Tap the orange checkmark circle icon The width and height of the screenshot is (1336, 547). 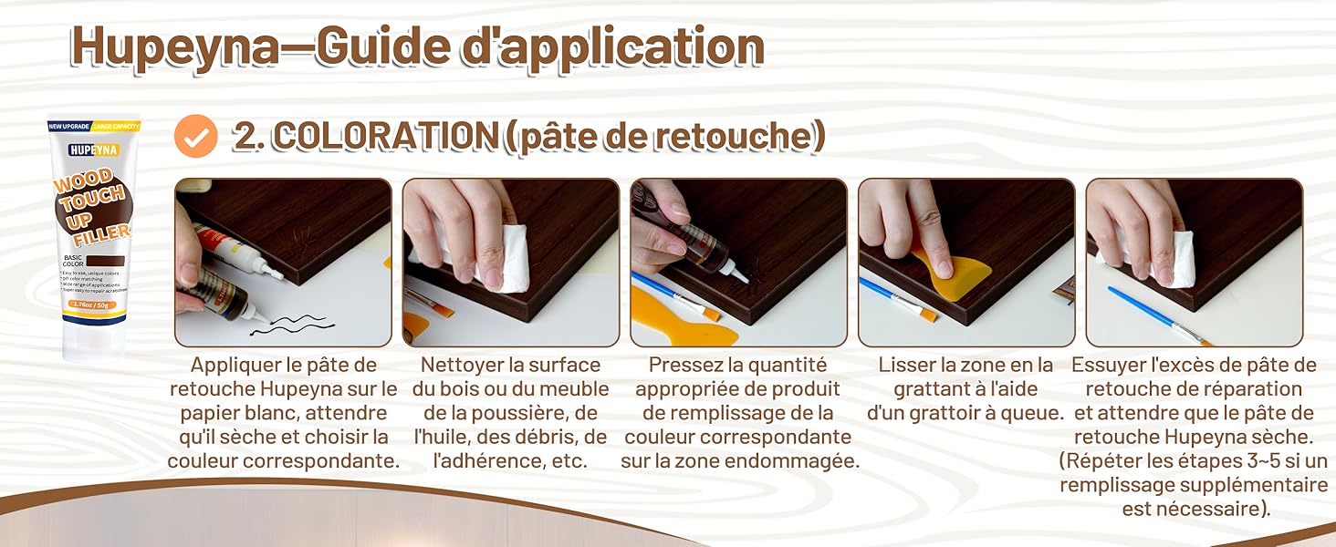click(195, 136)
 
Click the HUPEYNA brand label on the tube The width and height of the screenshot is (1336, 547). click(93, 150)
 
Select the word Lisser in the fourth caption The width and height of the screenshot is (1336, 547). click(906, 366)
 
